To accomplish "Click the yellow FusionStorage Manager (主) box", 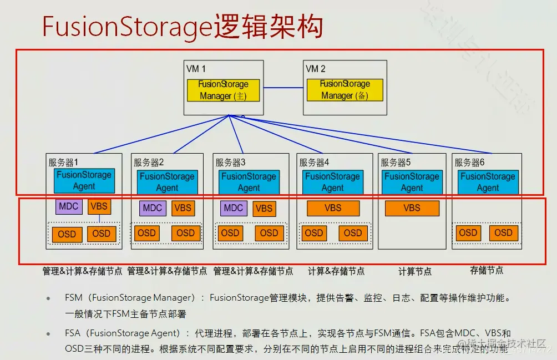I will (x=223, y=90).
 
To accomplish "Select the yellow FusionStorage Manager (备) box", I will (x=345, y=90).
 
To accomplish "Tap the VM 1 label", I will (x=196, y=69).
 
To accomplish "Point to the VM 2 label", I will (x=316, y=69).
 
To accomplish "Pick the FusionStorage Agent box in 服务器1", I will (x=84, y=180).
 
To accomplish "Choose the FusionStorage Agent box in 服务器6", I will (x=488, y=182).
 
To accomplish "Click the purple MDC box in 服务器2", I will (x=152, y=208).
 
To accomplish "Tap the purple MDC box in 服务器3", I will (x=234, y=208).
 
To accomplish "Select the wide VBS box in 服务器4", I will (x=333, y=208).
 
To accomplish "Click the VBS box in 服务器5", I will (x=412, y=208).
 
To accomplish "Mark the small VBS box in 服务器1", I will (x=99, y=206).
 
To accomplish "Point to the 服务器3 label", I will (x=230, y=163).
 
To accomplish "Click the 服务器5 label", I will (x=396, y=163).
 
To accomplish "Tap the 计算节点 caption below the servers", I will (x=415, y=271).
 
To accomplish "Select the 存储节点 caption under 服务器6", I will (x=487, y=270).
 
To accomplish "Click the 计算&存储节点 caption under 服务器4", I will (x=336, y=271).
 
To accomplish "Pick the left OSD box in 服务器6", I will (x=468, y=233).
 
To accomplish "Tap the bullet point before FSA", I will (x=49, y=333).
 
